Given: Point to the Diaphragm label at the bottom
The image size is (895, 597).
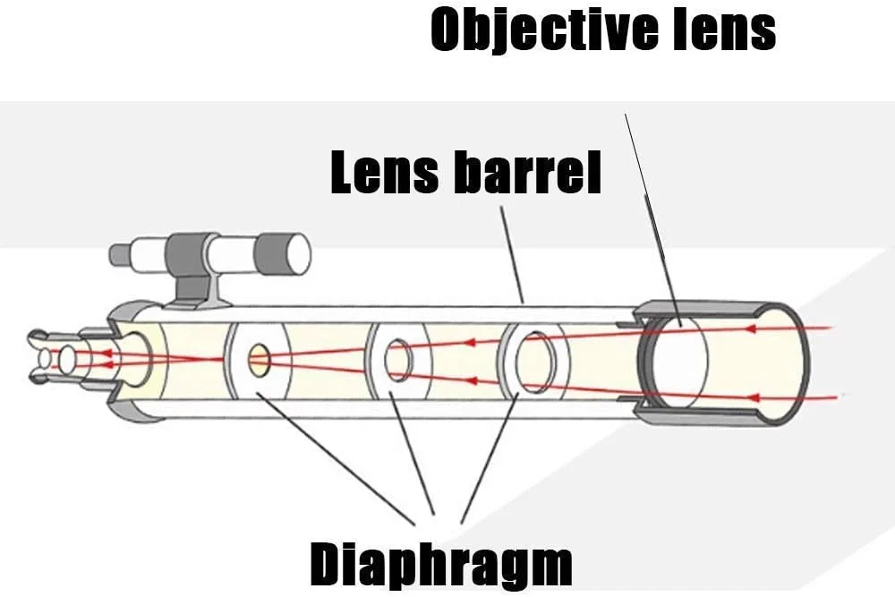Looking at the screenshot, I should pyautogui.click(x=440, y=564).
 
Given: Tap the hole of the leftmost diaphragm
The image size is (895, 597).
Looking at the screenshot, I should pyautogui.click(x=260, y=360).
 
